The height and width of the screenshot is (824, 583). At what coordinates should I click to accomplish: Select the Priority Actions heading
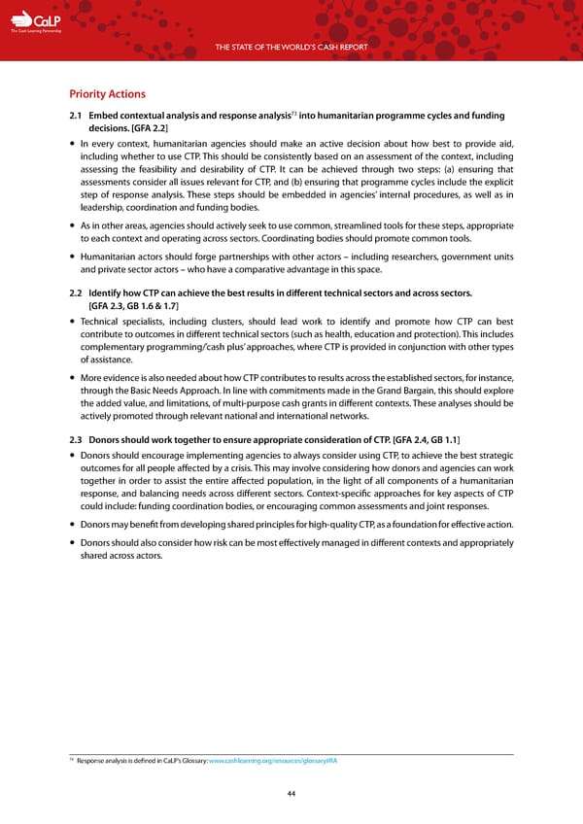(107, 94)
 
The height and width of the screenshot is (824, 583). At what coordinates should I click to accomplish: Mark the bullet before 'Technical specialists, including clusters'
(73, 322)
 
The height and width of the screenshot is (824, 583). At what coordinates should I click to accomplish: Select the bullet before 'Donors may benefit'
(73, 526)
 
